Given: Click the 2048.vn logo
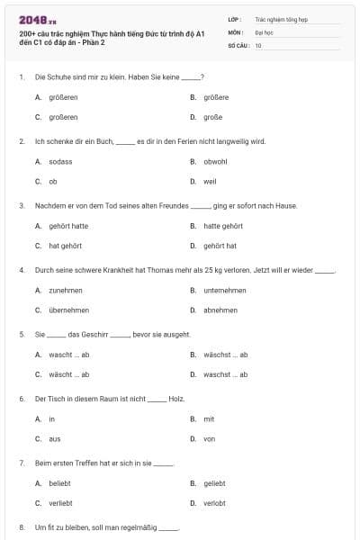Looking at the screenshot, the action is (x=33, y=20).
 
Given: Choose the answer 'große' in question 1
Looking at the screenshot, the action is (x=214, y=117).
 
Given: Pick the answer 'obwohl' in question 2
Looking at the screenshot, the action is (x=215, y=161).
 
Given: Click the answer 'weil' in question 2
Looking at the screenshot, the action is (x=210, y=181).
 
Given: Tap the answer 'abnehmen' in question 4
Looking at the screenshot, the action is (x=220, y=310).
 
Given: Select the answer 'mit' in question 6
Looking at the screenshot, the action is (x=209, y=419).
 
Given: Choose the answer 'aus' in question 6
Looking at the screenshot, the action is (x=55, y=439).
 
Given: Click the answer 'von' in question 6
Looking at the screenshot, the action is (x=210, y=439).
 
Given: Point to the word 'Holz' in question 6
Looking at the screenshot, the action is (x=176, y=397).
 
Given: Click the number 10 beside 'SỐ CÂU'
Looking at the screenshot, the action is (x=258, y=44).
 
